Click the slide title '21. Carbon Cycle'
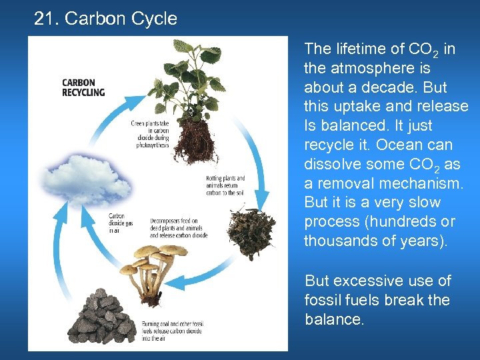coord(105,19)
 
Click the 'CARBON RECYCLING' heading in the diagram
coord(83,88)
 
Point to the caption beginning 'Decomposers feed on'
coord(178,228)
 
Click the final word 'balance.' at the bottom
coord(335,319)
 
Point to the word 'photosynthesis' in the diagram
coord(153,145)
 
